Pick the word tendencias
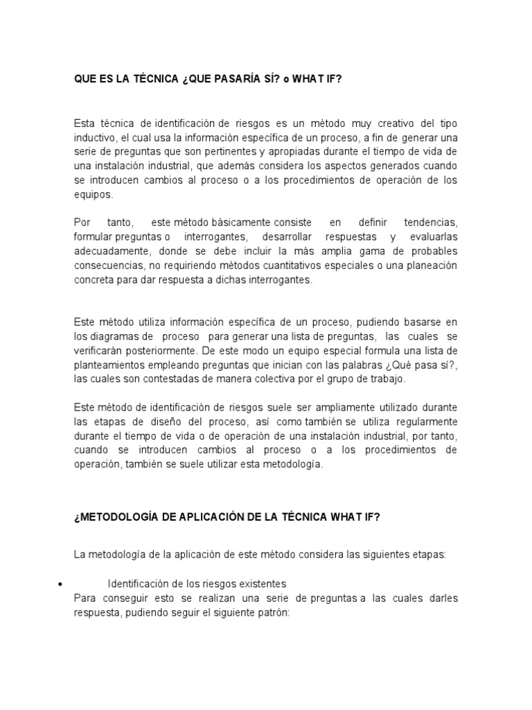tap(428, 223)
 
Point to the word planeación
tap(427, 266)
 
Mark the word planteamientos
tap(115, 365)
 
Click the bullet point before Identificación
tap(63, 584)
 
